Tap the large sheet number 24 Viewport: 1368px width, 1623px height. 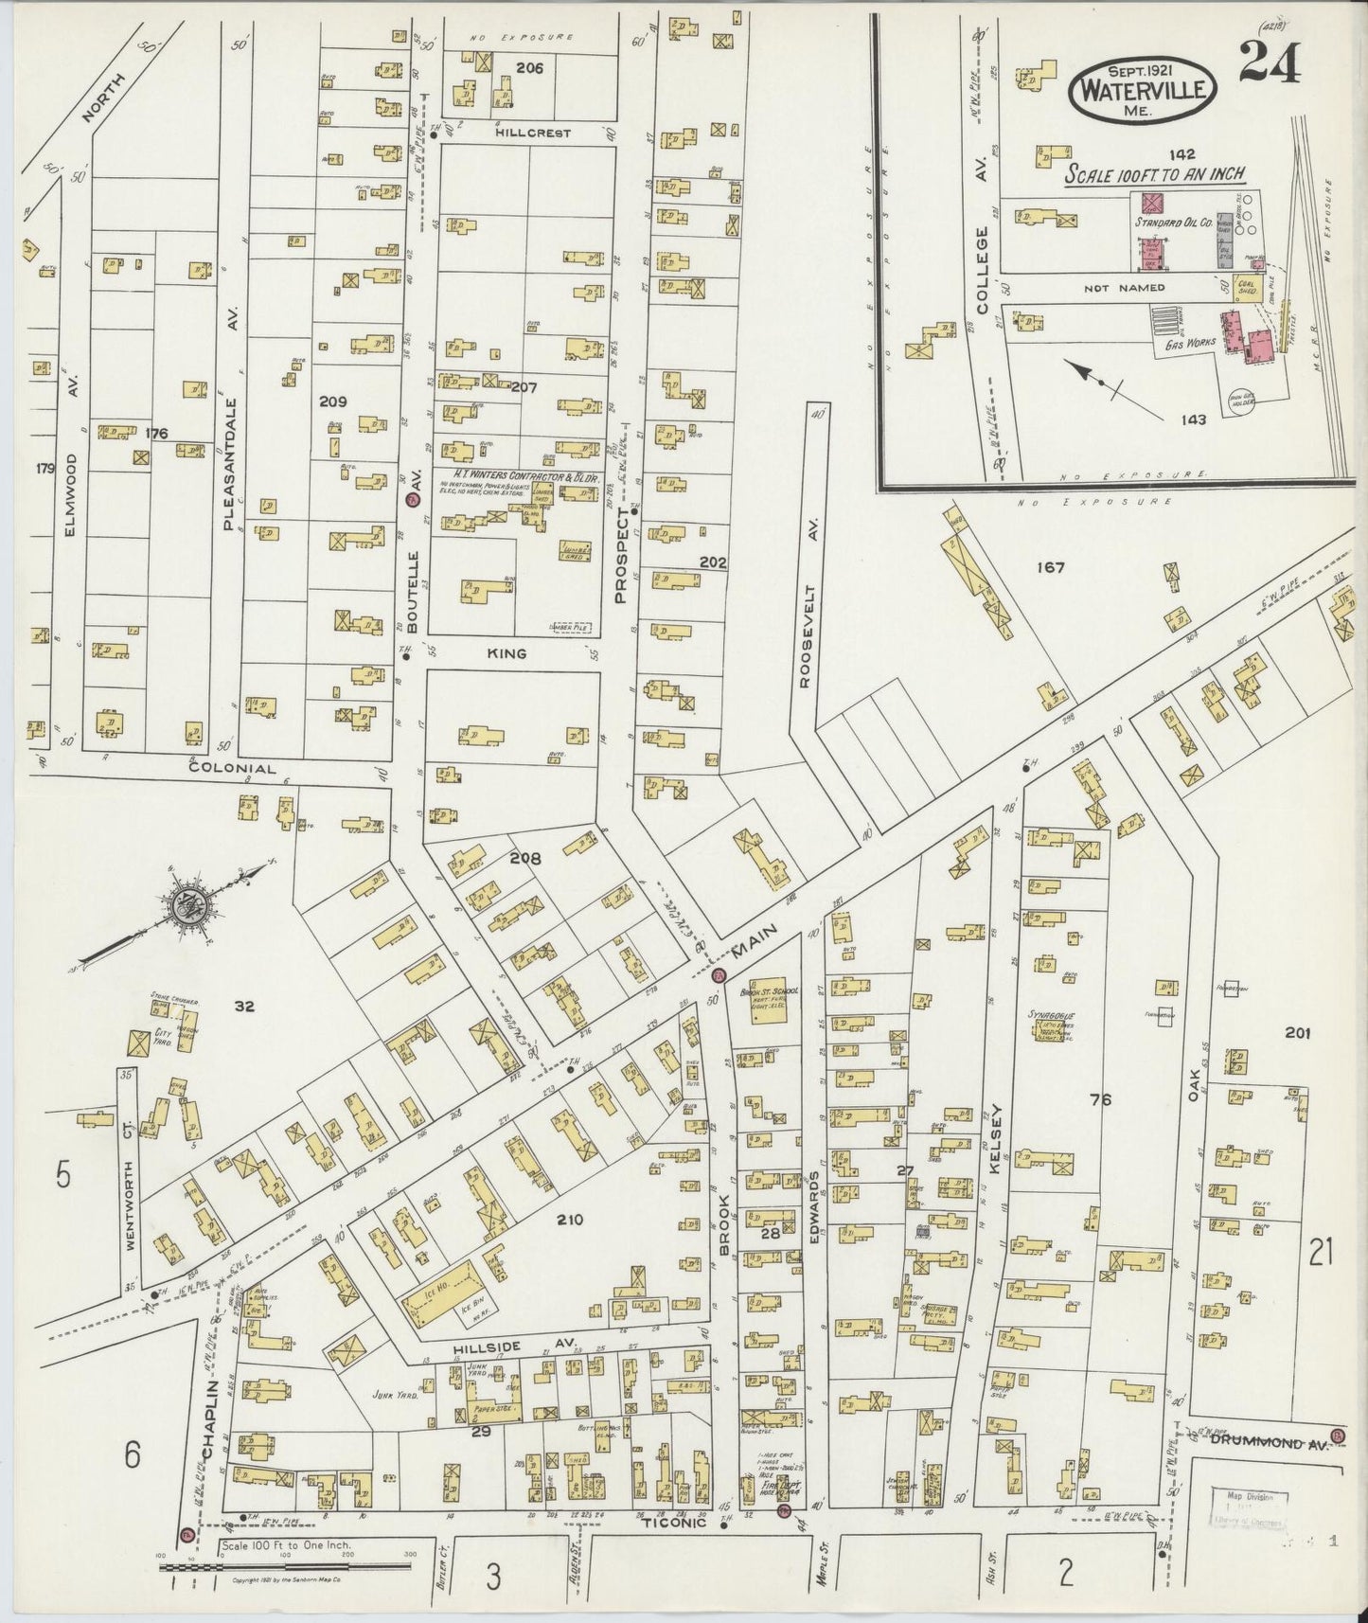point(1269,64)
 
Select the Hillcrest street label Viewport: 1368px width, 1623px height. point(534,134)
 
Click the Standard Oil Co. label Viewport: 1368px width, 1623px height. point(1174,223)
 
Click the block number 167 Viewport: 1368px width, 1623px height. point(1050,568)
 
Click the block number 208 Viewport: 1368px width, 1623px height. point(525,859)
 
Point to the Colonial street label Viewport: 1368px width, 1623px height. point(232,770)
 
